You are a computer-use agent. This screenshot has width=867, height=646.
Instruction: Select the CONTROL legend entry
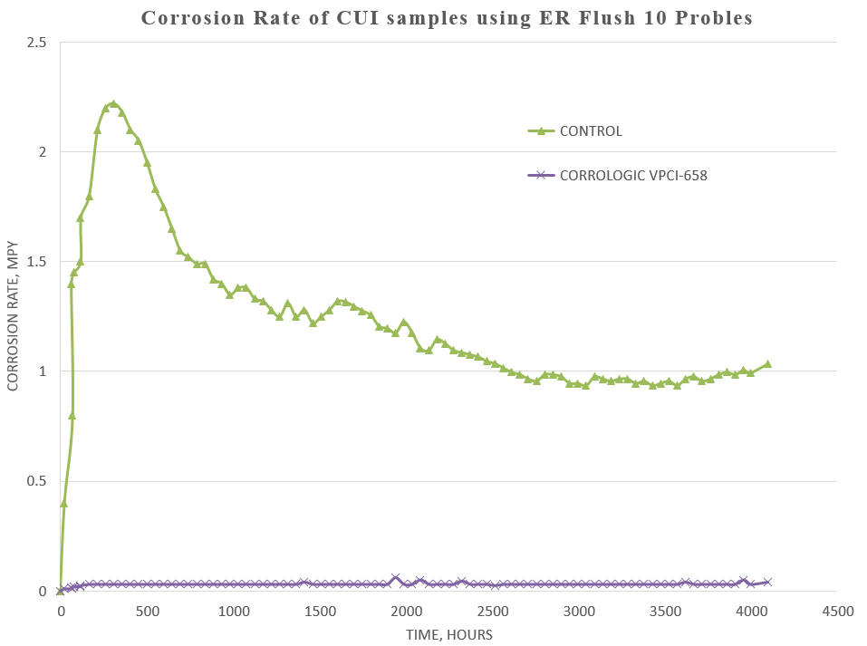pyautogui.click(x=591, y=130)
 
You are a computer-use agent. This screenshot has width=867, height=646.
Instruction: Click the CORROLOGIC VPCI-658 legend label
pyautogui.click(x=632, y=175)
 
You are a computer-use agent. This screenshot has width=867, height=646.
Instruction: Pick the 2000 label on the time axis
pyautogui.click(x=406, y=612)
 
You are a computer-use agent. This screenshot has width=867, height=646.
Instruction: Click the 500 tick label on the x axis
pyautogui.click(x=147, y=612)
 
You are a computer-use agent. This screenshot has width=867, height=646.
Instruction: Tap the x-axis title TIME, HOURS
pyautogui.click(x=449, y=635)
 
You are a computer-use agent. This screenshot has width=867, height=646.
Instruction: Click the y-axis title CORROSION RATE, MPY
pyautogui.click(x=13, y=317)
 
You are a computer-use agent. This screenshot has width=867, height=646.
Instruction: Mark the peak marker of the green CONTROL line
pyautogui.click(x=113, y=104)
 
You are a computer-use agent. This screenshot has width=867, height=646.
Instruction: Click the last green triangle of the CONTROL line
pyautogui.click(x=767, y=363)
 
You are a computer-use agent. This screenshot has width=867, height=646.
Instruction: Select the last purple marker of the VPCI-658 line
pyautogui.click(x=767, y=582)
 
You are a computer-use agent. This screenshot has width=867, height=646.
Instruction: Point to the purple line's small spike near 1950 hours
pyautogui.click(x=395, y=577)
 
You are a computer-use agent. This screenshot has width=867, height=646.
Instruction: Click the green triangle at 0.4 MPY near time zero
pyautogui.click(x=63, y=503)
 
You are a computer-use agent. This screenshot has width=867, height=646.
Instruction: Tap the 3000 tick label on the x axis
pyautogui.click(x=579, y=612)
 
